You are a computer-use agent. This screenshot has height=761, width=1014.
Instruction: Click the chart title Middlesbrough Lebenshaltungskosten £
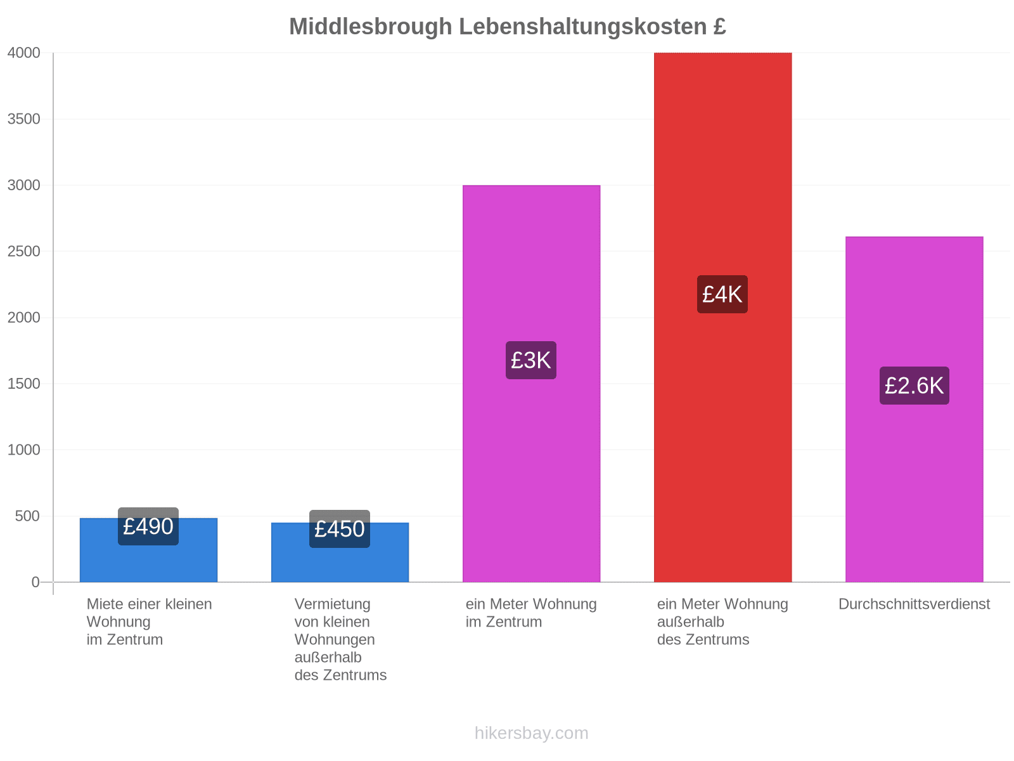[507, 27]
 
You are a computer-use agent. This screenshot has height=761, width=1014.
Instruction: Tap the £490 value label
[148, 526]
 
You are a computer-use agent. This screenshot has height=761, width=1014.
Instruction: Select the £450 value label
[339, 529]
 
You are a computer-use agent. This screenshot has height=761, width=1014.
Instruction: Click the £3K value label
[530, 360]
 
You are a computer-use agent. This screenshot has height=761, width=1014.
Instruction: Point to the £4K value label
[722, 294]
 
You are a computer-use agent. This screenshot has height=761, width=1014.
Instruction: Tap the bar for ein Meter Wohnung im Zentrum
[531, 384]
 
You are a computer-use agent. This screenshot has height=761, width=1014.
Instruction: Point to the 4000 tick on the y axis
[23, 53]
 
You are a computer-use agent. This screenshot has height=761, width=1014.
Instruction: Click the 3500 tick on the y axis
[23, 119]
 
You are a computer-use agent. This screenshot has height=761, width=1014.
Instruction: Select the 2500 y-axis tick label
[23, 251]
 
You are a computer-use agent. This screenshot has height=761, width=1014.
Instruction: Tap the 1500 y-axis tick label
[23, 383]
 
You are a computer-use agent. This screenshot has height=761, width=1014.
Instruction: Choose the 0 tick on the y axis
[35, 582]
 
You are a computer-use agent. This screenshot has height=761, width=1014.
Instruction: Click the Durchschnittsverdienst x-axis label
[913, 604]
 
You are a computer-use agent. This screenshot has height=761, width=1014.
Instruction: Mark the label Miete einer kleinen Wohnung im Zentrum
[149, 621]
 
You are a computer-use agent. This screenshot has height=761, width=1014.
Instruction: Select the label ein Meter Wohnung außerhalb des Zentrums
[722, 621]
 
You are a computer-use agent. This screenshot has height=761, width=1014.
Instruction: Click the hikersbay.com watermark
[531, 732]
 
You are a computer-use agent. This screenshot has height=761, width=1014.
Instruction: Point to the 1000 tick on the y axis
[23, 449]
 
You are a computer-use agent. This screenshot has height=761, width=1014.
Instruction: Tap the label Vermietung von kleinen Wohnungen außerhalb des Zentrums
[340, 639]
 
